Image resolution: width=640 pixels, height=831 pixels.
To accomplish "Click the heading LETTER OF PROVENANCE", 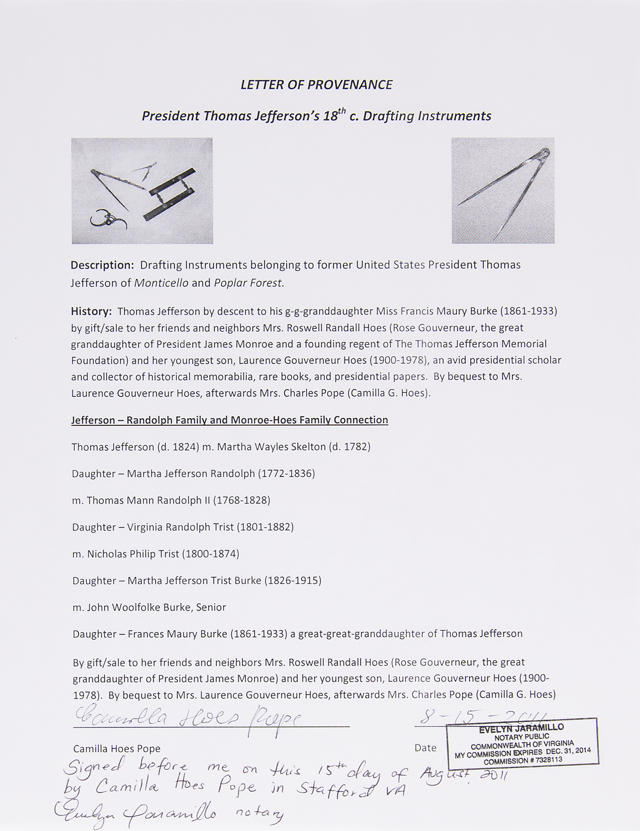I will click(x=316, y=85).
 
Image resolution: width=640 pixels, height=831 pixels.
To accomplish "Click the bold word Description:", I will click(x=102, y=265).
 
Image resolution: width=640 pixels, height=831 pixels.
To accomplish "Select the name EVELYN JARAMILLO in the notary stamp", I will click(x=521, y=728).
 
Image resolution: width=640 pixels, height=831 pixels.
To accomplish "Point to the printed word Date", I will click(x=425, y=748).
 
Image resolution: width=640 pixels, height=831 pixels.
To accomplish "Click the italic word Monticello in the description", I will click(x=161, y=283).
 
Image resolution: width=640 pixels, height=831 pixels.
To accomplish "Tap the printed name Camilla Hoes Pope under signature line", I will click(x=117, y=749).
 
